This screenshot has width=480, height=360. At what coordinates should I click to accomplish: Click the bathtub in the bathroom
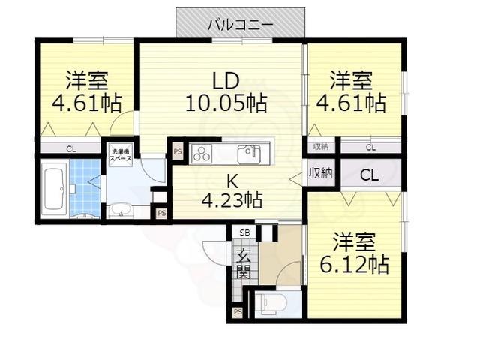pos(55,190)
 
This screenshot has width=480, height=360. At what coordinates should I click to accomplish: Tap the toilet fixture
pos(270,303)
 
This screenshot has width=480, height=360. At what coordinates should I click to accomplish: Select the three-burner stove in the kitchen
pos(202,154)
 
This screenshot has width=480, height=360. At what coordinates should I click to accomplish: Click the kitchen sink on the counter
pos(249,154)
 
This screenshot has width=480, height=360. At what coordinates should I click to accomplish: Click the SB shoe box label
pos(244,232)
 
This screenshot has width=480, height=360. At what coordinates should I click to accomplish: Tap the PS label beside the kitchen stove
pos(178,151)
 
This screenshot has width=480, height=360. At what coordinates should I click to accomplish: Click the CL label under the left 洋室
pos(71,148)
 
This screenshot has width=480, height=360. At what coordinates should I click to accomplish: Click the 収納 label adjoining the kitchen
pos(320,173)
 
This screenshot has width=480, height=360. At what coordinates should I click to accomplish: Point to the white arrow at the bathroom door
pos(94,181)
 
